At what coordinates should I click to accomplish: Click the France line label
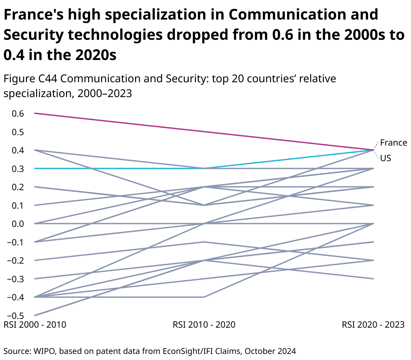click(x=393, y=143)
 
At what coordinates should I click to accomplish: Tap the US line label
click(x=386, y=158)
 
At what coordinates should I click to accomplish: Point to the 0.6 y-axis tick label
click(x=18, y=114)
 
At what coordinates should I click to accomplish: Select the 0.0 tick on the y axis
click(x=18, y=224)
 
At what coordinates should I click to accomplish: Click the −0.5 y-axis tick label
click(x=15, y=316)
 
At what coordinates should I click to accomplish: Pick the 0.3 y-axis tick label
click(x=18, y=169)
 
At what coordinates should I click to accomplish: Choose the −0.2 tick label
click(x=15, y=261)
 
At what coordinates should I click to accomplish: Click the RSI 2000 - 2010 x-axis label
click(x=35, y=325)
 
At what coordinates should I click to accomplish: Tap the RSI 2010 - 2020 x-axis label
click(x=204, y=325)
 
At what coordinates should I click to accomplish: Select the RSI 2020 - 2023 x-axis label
click(x=373, y=325)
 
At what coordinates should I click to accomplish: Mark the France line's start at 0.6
click(x=35, y=113)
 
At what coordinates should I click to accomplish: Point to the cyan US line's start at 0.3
click(x=35, y=168)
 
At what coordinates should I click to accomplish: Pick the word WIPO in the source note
click(x=45, y=351)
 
